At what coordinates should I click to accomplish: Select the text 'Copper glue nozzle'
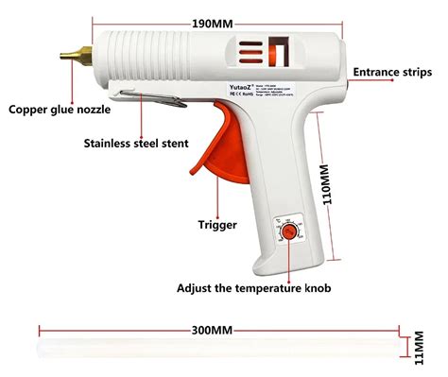click(60, 110)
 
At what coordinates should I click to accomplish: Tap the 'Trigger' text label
click(216, 225)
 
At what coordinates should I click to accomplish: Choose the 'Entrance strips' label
click(393, 72)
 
